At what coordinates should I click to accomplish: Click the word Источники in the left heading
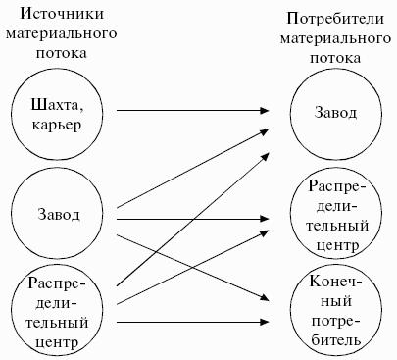[x=62, y=14]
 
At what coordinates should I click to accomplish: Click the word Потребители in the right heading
[x=335, y=19]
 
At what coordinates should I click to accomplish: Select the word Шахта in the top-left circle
[x=57, y=104]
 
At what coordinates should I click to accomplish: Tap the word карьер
[x=57, y=125]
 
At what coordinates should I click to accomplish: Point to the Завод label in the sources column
[x=59, y=215]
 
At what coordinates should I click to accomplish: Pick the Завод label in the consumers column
[x=335, y=112]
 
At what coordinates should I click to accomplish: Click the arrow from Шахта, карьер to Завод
[x=192, y=111]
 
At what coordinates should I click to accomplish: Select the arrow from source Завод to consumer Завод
[x=192, y=169]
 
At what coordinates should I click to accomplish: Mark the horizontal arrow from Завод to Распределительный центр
[x=192, y=219]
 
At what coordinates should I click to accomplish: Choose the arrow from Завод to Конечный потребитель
[x=192, y=267]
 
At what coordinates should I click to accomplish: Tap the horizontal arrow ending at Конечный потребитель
[x=192, y=322]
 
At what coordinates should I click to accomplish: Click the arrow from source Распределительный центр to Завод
[x=192, y=220]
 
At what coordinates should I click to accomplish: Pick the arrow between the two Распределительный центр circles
[x=192, y=268]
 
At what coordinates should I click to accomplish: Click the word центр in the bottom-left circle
[x=57, y=342]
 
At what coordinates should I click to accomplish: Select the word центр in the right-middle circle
[x=337, y=245]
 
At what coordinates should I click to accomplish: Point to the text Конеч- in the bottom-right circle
[x=336, y=282]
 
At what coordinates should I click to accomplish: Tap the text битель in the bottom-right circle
[x=336, y=340]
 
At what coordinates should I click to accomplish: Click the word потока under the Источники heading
[x=62, y=53]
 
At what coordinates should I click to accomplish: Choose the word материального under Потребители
[x=335, y=38]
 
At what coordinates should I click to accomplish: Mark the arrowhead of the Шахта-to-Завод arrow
[x=264, y=111]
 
